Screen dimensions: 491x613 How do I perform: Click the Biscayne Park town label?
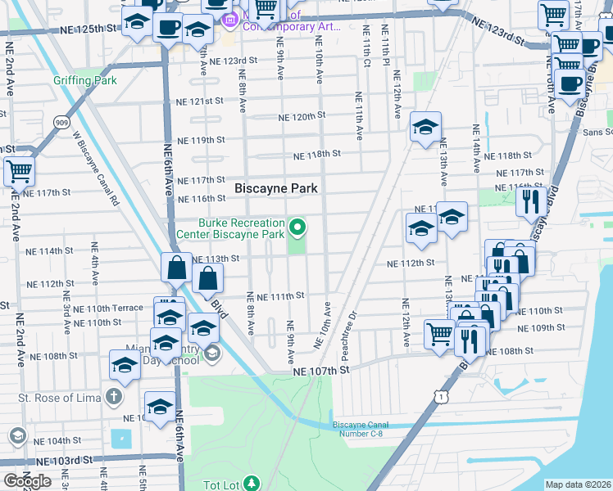click(x=276, y=187)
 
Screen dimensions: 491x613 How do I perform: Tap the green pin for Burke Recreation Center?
click(x=297, y=227)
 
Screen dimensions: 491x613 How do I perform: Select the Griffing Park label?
click(x=85, y=81)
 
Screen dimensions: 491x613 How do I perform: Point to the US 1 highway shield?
click(x=442, y=396)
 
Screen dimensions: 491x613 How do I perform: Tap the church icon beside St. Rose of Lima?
click(x=114, y=398)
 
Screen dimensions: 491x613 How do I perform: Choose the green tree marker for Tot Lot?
click(x=252, y=484)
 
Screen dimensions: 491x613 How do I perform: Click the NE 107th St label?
click(x=322, y=370)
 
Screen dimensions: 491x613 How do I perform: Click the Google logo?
click(x=27, y=481)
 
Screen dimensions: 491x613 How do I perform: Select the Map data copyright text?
click(x=578, y=484)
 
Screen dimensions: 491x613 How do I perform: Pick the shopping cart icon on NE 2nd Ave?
click(x=18, y=172)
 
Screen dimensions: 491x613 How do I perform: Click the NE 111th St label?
click(x=281, y=295)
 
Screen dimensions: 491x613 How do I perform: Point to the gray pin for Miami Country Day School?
click(x=211, y=353)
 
